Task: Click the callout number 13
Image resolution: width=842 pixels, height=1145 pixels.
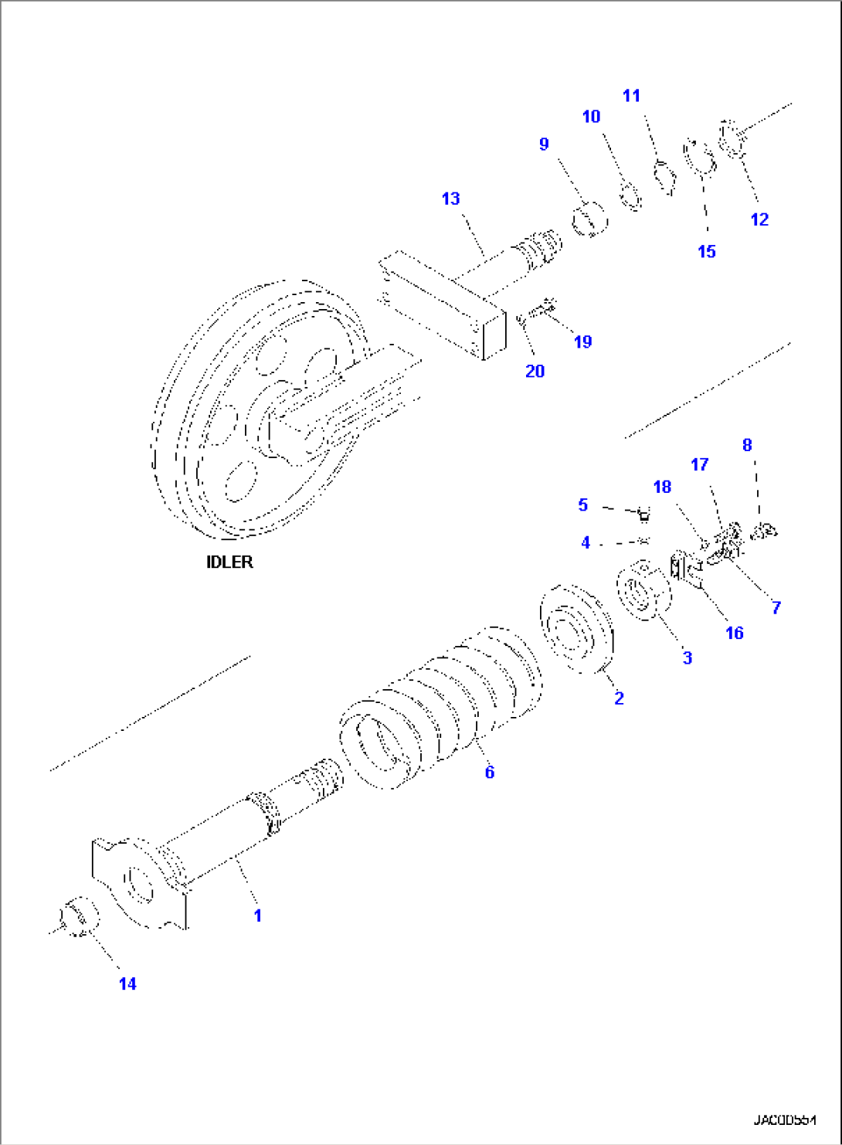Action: click(450, 199)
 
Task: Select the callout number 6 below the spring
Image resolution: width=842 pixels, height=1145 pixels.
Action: click(489, 772)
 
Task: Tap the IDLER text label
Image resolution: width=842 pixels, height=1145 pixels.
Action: click(229, 562)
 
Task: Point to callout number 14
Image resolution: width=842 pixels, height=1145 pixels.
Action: click(127, 984)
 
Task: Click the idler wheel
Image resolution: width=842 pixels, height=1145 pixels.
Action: click(255, 409)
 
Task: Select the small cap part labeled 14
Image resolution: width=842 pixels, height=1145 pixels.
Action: click(80, 917)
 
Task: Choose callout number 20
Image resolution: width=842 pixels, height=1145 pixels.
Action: click(535, 371)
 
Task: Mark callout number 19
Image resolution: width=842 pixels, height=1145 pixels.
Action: click(582, 341)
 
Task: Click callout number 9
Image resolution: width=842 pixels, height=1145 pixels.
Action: click(544, 144)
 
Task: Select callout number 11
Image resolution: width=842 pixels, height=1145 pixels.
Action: click(631, 96)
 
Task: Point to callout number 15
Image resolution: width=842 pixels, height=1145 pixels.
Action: click(706, 251)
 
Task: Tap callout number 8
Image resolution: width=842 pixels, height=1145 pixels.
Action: click(746, 445)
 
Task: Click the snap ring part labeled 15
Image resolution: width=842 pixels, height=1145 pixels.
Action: click(699, 158)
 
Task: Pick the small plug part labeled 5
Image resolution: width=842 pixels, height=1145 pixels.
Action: click(643, 514)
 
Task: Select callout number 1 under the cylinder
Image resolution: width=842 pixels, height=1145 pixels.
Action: click(257, 916)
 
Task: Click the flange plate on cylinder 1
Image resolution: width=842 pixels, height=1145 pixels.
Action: click(139, 881)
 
